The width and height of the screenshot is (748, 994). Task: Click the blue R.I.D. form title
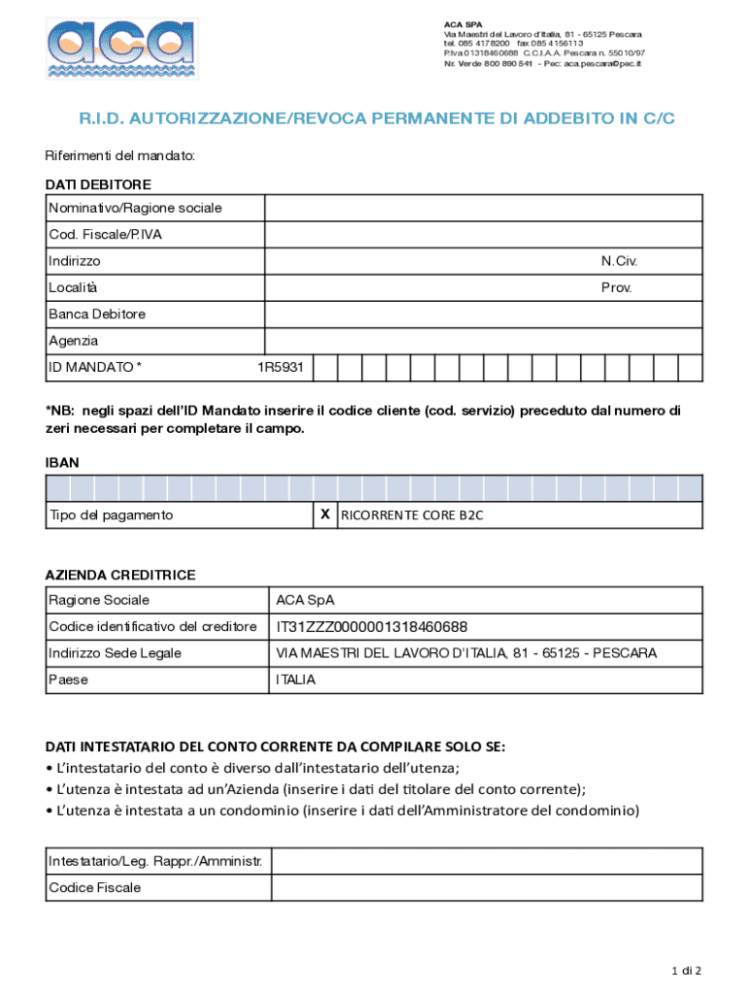(x=376, y=119)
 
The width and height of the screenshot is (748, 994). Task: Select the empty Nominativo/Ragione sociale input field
(x=483, y=209)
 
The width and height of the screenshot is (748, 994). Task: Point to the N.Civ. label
(x=619, y=261)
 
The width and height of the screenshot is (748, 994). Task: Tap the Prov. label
(x=616, y=288)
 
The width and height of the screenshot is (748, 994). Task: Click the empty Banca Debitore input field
(x=483, y=315)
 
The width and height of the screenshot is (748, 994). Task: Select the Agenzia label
(x=74, y=341)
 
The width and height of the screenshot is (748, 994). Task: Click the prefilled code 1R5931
(x=280, y=368)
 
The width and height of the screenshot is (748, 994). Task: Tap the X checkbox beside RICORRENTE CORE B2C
(x=324, y=514)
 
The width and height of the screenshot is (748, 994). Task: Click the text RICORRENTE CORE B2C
(x=411, y=515)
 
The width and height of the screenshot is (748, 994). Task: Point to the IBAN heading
(x=62, y=463)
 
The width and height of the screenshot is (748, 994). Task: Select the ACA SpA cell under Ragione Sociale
(x=305, y=600)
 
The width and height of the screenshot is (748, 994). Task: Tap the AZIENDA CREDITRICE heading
(x=120, y=575)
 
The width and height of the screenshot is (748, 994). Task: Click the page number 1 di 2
(x=686, y=971)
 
